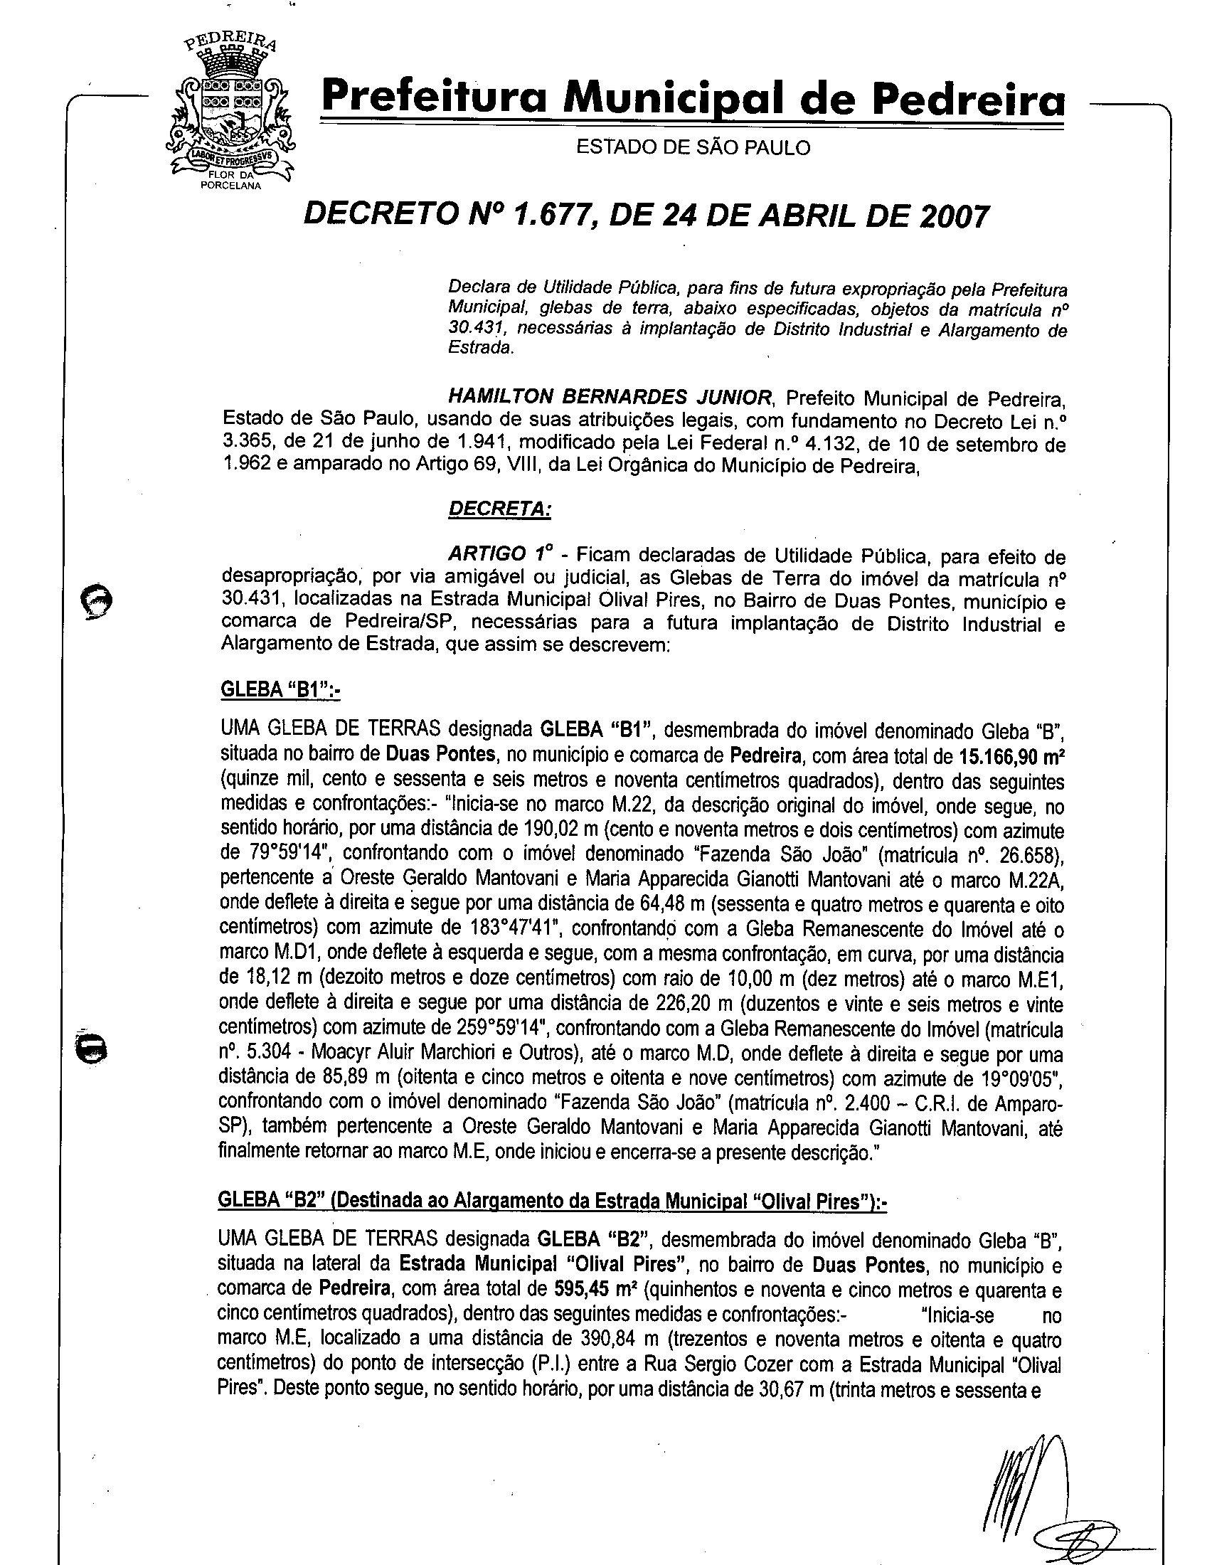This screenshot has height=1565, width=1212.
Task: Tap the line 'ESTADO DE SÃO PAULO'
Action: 693,148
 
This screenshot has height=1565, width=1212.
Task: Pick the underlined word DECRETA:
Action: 499,509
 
